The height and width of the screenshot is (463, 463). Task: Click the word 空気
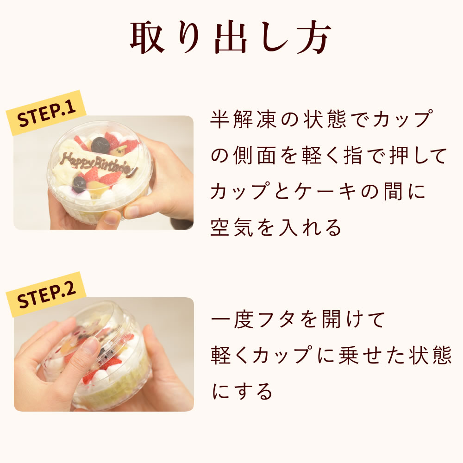(231, 227)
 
